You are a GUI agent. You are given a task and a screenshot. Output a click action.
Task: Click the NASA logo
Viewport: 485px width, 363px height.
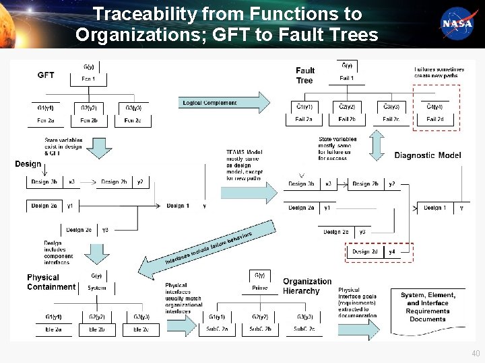point(457,23)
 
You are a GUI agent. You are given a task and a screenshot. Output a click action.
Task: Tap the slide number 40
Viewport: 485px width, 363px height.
point(476,353)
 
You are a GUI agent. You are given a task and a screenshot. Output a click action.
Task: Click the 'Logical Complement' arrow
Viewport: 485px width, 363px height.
point(224,103)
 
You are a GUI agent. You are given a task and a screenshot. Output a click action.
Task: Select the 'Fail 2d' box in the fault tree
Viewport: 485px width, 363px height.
point(435,119)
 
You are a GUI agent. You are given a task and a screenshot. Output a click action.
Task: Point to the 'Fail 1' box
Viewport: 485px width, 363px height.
point(346,79)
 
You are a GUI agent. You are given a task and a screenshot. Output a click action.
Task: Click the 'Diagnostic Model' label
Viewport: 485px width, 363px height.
point(428,155)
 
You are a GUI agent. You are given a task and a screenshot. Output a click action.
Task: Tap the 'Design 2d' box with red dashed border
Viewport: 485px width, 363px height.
point(365,252)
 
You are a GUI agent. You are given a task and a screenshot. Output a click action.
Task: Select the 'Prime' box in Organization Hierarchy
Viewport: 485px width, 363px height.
point(259,288)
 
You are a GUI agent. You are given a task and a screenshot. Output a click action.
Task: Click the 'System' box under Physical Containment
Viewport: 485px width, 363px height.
point(96,288)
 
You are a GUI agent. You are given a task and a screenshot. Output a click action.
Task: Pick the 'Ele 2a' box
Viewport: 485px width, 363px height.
point(54,329)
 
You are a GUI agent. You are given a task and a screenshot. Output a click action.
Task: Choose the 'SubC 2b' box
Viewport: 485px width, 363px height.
point(259,329)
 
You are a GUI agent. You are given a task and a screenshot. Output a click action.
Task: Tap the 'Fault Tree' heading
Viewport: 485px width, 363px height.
point(305,75)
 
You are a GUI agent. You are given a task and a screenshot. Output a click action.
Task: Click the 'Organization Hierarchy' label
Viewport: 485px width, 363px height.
point(307,286)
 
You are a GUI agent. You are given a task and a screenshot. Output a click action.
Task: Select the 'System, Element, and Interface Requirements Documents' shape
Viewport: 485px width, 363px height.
point(428,307)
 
